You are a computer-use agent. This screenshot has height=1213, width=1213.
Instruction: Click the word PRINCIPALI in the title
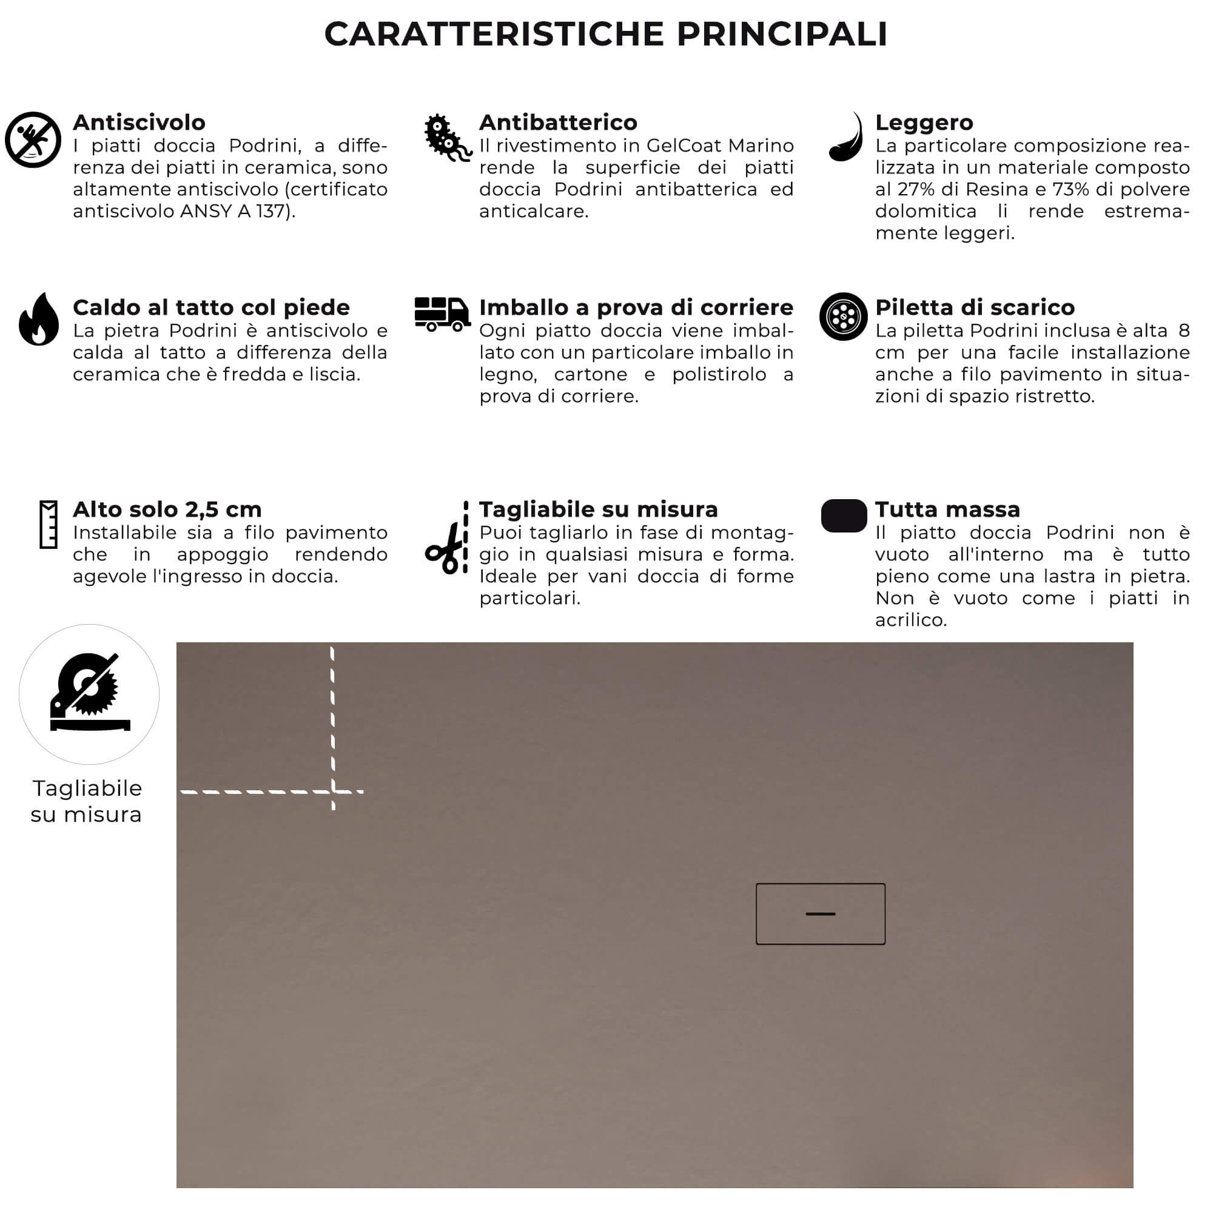[782, 34]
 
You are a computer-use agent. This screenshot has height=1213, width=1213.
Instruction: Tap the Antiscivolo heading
[139, 123]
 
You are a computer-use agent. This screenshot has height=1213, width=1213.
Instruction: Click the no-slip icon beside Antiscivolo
[33, 139]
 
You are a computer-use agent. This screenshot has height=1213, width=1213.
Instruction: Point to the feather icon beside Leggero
[846, 138]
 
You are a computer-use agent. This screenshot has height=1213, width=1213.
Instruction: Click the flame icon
[39, 320]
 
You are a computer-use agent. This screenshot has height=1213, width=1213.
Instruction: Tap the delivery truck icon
[442, 314]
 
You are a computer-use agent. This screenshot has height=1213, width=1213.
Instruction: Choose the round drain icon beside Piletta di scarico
[843, 317]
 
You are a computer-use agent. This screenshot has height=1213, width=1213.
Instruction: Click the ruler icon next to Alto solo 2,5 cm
[49, 524]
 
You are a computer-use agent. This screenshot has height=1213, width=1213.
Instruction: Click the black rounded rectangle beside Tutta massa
[844, 516]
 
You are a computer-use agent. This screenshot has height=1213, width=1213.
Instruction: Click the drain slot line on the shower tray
[820, 913]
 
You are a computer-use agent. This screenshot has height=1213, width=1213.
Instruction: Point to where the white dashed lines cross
[333, 791]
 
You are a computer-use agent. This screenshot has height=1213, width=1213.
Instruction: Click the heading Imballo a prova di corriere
[636, 307]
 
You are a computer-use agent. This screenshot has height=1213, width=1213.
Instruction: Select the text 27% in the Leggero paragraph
[916, 190]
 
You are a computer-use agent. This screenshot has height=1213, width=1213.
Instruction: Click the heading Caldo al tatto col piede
[211, 307]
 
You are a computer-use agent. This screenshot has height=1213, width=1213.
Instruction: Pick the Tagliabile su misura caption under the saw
[87, 801]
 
